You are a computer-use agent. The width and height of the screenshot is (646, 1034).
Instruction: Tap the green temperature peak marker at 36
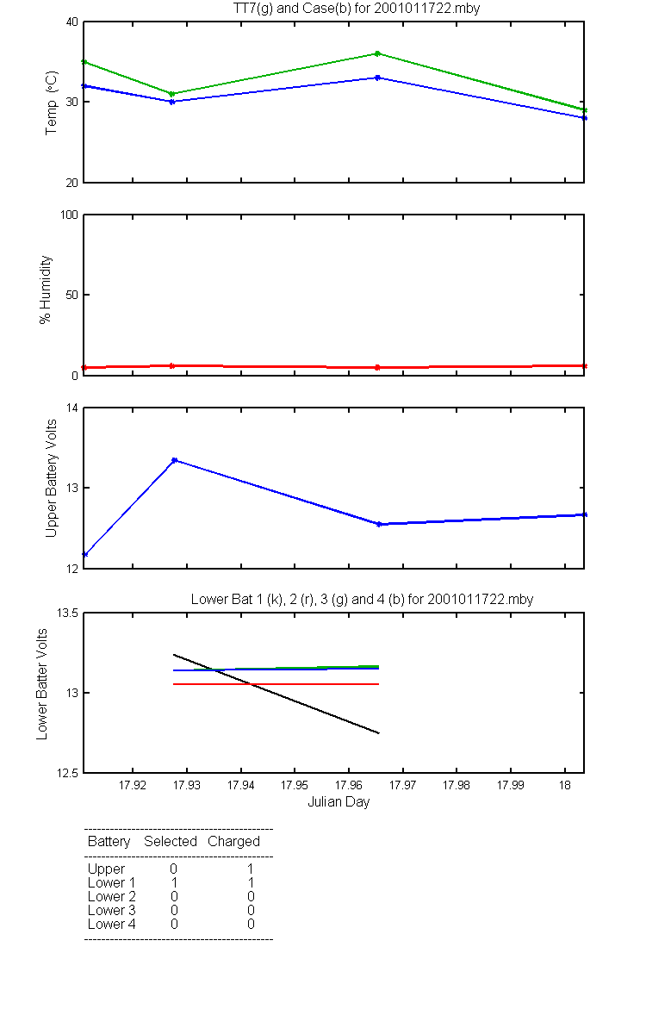377,53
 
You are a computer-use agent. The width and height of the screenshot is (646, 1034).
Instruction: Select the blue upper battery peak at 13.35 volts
174,460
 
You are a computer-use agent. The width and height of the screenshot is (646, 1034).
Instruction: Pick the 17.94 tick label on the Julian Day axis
240,786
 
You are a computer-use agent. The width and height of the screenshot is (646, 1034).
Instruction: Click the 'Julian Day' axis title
339,802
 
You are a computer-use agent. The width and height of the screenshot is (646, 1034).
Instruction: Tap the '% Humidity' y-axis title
47,290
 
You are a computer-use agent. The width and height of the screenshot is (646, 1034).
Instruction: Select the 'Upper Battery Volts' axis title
52,477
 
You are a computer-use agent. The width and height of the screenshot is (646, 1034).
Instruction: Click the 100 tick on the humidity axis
67,215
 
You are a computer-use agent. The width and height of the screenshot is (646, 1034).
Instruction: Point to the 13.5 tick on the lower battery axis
65,614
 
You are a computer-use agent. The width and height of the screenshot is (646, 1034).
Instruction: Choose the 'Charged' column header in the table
233,842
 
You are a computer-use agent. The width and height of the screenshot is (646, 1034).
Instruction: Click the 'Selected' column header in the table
171,842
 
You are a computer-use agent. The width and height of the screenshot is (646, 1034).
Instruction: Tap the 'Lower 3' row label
111,910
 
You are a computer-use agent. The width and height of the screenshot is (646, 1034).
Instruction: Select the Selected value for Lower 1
174,882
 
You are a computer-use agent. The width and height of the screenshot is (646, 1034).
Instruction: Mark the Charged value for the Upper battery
251,869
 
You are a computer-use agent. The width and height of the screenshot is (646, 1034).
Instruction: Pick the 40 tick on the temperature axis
71,22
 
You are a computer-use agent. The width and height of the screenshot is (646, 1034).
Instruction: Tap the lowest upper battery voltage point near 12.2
84,554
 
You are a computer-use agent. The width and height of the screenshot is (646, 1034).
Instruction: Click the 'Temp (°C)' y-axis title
52,103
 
